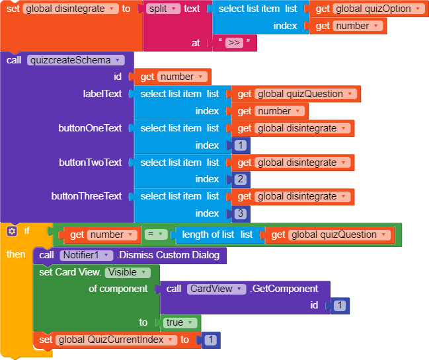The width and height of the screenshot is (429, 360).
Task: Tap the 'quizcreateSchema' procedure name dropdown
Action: coord(76,60)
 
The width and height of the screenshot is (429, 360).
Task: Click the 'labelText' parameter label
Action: coord(102,94)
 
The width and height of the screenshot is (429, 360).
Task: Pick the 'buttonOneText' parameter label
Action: coord(90,128)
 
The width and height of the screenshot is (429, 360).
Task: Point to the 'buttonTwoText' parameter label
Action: coord(90,162)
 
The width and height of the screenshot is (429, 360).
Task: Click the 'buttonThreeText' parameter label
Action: coord(87,196)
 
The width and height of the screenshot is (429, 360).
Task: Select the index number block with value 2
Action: coord(239,179)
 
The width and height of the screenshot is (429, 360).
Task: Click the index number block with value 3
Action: coord(239,213)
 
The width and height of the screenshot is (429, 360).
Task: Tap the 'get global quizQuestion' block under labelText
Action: coord(293,94)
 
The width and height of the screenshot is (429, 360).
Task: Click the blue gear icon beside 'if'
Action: coord(11,231)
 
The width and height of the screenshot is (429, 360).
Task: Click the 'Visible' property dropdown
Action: coord(127,272)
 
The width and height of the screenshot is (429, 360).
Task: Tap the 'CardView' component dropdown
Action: coord(217,289)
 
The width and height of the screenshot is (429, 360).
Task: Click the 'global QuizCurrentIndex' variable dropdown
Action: coord(116,340)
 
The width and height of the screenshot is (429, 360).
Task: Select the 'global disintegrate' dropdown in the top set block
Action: coord(70,9)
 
